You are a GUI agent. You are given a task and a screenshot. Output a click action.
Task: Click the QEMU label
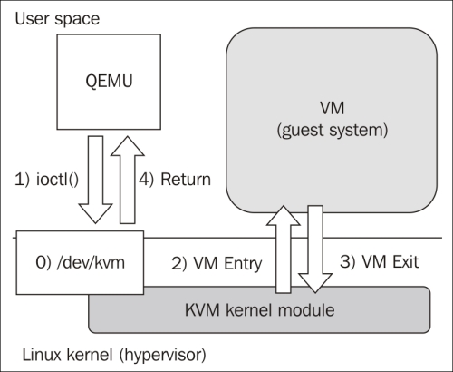coord(109,82)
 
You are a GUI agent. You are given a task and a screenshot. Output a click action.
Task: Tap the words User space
coord(57,19)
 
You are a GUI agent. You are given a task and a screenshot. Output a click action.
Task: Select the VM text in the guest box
coord(332,108)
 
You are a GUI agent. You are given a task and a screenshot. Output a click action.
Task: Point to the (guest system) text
coord(333,131)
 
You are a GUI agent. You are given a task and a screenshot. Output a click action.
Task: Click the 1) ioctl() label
coord(47,180)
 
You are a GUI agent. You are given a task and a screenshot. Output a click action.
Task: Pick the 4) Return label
coord(175,180)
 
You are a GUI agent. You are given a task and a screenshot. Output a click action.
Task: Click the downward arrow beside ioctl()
coord(95,180)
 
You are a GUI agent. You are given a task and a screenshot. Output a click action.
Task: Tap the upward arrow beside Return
coord(128,180)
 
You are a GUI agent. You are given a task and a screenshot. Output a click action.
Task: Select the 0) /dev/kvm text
coord(80,262)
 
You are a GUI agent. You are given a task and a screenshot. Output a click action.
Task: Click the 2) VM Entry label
coord(217,263)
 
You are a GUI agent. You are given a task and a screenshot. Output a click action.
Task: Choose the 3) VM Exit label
coord(380,261)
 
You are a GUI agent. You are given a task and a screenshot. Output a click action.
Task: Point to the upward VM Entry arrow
coord(284,250)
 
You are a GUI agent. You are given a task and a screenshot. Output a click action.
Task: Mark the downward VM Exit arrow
coord(315,250)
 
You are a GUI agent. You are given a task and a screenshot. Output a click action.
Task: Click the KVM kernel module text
coord(260,310)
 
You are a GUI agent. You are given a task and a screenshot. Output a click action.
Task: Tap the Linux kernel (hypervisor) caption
coord(114,355)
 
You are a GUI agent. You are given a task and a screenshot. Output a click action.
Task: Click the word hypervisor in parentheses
coord(162,355)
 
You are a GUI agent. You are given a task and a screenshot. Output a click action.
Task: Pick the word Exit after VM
coord(405,261)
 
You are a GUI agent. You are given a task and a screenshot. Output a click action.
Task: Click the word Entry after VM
coord(243,264)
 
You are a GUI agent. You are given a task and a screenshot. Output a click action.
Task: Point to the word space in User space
coord(77,20)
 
